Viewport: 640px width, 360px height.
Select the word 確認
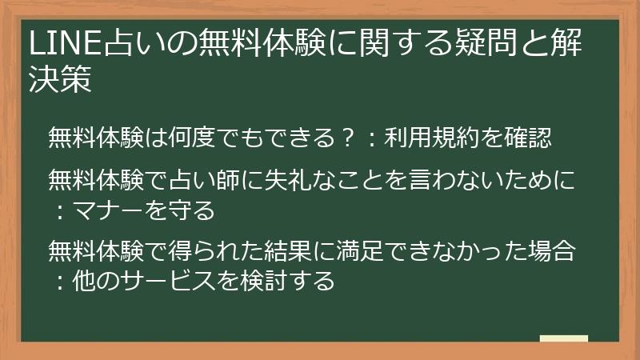tap(527, 138)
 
